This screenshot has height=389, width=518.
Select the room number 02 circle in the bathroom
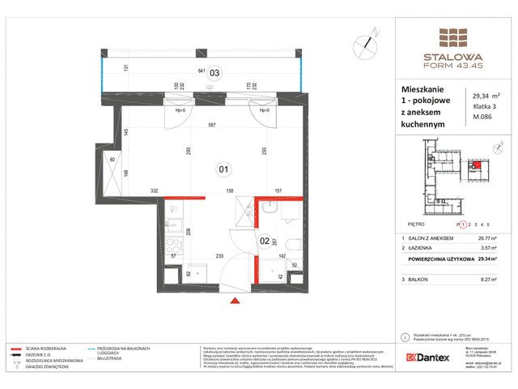coord(265,241)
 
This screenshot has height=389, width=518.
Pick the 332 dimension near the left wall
coord(152,191)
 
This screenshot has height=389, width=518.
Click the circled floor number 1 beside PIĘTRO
coord(464,223)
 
